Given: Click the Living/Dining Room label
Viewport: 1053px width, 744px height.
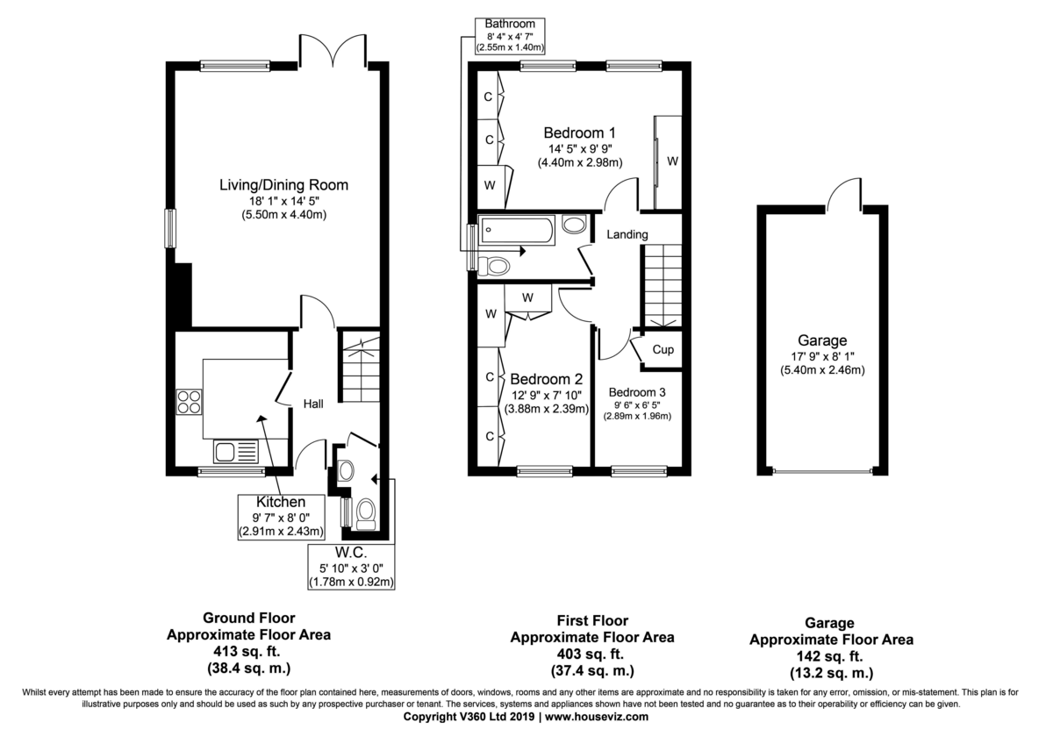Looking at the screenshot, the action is tap(284, 185).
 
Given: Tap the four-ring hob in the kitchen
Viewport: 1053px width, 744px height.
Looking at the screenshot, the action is tap(189, 402).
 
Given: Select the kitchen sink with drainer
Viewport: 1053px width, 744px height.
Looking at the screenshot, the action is tap(236, 452).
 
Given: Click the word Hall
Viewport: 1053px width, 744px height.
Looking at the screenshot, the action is tap(313, 404).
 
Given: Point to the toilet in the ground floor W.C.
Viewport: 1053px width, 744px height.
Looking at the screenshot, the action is tap(365, 514).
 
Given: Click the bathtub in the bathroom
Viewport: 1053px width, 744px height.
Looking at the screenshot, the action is tap(517, 230).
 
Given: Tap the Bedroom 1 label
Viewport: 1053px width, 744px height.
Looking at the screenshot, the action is tap(580, 133).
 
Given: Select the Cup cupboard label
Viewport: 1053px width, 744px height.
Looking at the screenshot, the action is tap(663, 350).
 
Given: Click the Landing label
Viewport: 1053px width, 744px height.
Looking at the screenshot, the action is tap(627, 234).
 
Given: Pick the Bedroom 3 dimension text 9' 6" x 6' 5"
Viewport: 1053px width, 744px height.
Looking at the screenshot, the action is tap(637, 404).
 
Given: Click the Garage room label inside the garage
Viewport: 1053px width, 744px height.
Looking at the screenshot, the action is tap(822, 340).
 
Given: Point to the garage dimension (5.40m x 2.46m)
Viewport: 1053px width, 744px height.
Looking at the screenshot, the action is tap(823, 370).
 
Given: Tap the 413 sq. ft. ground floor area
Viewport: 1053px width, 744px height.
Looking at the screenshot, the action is tap(248, 651).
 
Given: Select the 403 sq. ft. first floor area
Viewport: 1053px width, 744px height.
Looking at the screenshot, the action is tap(592, 655).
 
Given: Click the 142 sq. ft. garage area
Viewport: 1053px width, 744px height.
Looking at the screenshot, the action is tap(831, 656).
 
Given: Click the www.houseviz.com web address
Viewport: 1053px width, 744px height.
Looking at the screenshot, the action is tap(597, 717).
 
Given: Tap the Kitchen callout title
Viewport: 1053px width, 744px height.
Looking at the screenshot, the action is tap(281, 502).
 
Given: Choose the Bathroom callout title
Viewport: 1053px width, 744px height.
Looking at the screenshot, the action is tap(510, 24).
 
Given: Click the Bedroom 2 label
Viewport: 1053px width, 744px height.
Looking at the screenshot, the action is tap(546, 379).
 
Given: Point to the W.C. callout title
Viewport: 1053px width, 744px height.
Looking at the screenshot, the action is tap(351, 552).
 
